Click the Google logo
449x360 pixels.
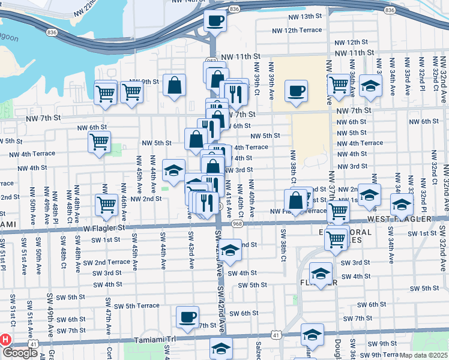[x=20, y=353]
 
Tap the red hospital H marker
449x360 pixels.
[x=6, y=339]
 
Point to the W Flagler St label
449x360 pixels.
[x=104, y=228]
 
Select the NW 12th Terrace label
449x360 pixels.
[x=297, y=30]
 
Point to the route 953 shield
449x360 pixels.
[x=211, y=61]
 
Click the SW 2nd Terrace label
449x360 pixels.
[x=106, y=262]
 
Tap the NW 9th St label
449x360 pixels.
[x=143, y=82]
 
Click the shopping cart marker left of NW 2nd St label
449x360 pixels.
[x=107, y=203]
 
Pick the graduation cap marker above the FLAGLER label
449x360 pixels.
[x=321, y=274]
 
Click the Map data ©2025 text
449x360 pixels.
[x=424, y=355]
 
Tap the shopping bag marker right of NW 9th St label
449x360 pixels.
[x=174, y=85]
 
